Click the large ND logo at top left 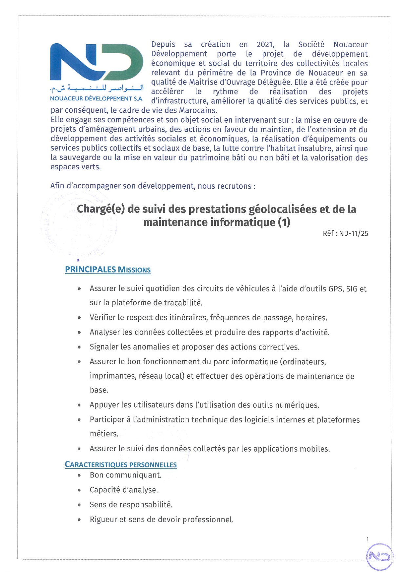click(x=96, y=62)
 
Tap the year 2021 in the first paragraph click(x=265, y=45)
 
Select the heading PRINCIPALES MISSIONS click(x=108, y=270)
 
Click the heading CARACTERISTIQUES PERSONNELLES click(x=121, y=465)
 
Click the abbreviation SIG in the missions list click(x=352, y=289)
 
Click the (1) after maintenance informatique click(x=284, y=223)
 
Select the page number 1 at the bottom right click(x=368, y=539)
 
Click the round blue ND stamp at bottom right click(x=379, y=556)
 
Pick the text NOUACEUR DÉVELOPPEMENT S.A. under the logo click(x=96, y=98)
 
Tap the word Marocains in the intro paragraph click(x=197, y=110)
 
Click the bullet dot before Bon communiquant click(x=79, y=475)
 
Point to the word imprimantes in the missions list click(x=112, y=376)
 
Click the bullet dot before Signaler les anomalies click(x=79, y=347)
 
